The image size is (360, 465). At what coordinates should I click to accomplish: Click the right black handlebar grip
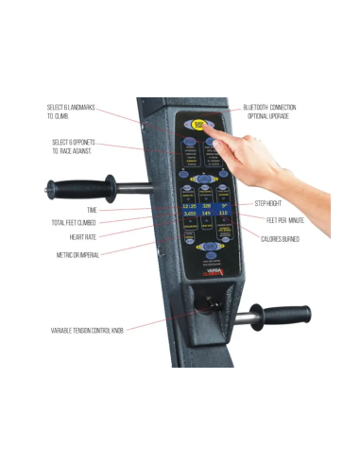click(283, 313)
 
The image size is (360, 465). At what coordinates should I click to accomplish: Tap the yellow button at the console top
click(199, 124)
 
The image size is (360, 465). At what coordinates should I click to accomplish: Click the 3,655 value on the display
click(189, 215)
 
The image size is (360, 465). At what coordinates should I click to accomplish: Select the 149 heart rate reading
click(206, 215)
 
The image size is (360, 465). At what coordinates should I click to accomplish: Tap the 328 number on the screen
click(206, 203)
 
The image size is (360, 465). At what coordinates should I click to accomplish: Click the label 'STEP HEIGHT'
click(271, 203)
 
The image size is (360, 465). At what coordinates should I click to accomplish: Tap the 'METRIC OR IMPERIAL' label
click(77, 255)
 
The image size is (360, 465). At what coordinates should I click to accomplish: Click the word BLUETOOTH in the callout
click(258, 108)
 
